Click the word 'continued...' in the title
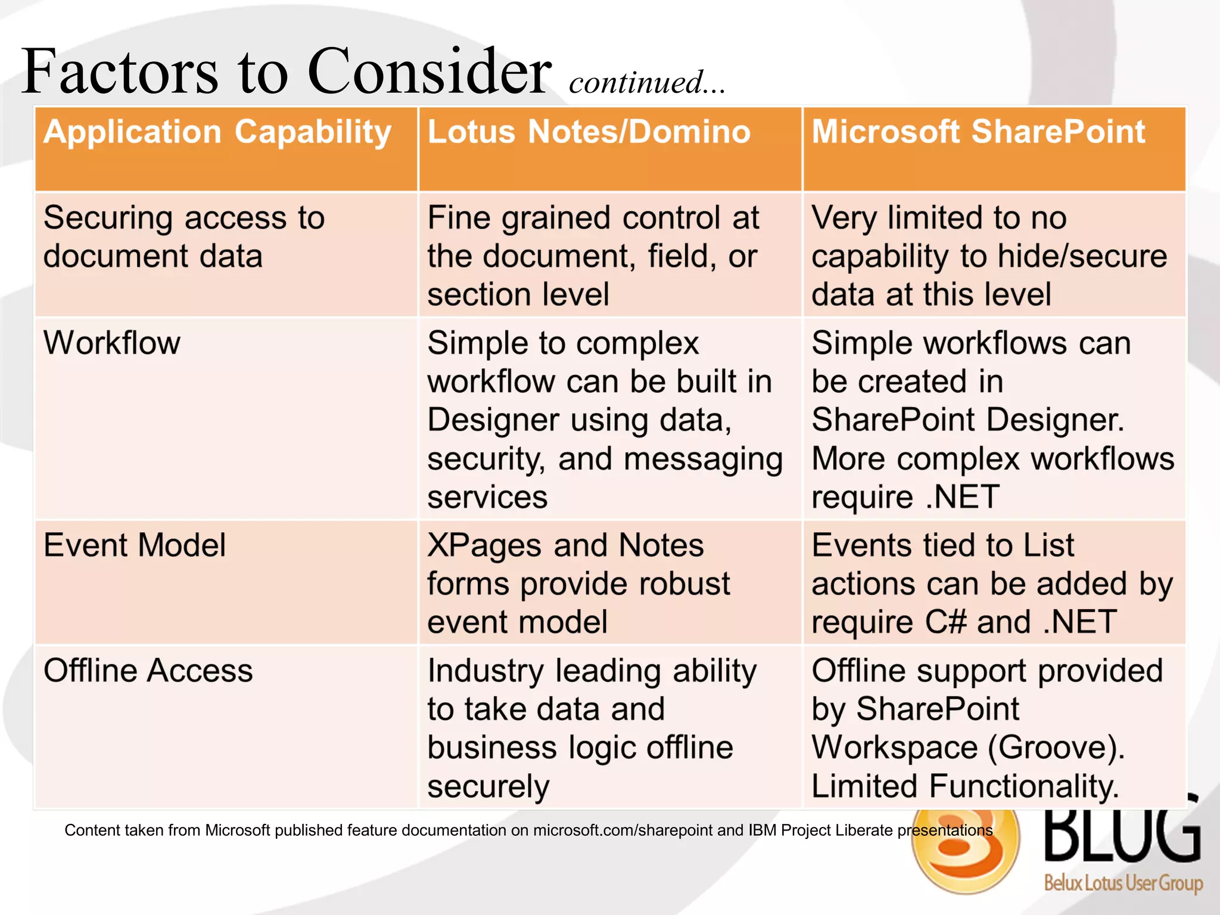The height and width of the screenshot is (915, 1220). [x=647, y=82]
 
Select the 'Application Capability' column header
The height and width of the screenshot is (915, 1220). [x=217, y=132]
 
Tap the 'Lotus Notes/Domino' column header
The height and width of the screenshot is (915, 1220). [x=589, y=132]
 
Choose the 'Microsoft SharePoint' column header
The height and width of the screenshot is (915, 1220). [x=978, y=132]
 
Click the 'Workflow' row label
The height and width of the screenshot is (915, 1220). [x=112, y=343]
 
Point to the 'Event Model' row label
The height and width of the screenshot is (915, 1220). [x=135, y=545]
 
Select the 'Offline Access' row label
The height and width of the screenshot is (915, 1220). [x=148, y=671]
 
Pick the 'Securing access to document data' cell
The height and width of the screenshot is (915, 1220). [x=184, y=237]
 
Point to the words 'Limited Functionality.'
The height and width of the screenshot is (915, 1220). [x=964, y=786]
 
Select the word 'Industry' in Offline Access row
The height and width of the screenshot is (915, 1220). [x=485, y=672]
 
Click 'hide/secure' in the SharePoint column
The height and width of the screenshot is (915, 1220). [x=1082, y=257]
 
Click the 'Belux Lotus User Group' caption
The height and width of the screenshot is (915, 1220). [x=1123, y=882]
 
